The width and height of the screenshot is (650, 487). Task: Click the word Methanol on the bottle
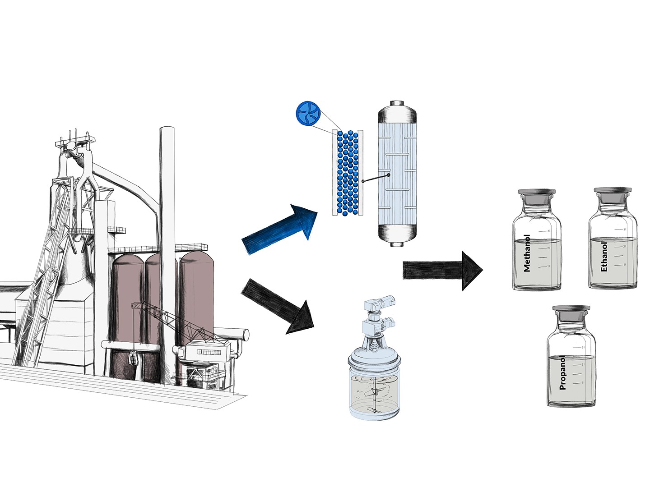click(x=527, y=253)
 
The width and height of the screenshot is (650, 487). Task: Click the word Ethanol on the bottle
click(x=604, y=256)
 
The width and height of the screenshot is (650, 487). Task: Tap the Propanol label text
click(x=562, y=372)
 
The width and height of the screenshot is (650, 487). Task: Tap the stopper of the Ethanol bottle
click(x=613, y=195)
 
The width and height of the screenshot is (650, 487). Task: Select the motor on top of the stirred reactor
click(x=382, y=302)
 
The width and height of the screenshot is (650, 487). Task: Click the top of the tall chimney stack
click(x=167, y=133)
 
